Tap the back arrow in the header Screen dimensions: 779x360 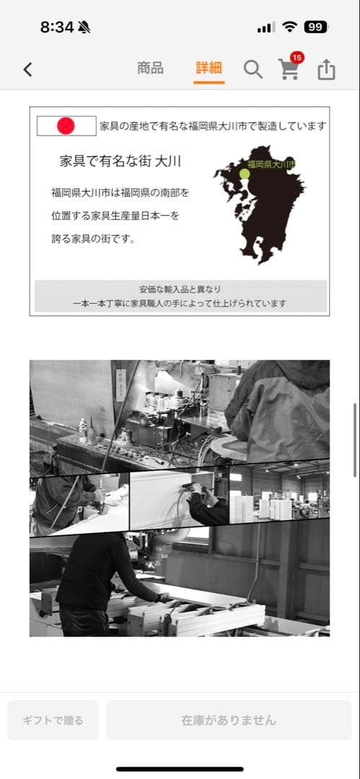click(x=27, y=69)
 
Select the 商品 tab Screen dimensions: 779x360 click(x=150, y=69)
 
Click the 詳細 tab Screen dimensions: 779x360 click(x=208, y=69)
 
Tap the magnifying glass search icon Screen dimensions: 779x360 click(x=253, y=69)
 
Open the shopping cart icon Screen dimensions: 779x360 click(x=289, y=70)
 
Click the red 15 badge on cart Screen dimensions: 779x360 click(x=297, y=57)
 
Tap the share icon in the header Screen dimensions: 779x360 click(x=326, y=69)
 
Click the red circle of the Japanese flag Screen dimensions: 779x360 click(x=66, y=126)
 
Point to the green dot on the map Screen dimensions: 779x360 click(x=245, y=174)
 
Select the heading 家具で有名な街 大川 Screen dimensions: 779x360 click(x=120, y=161)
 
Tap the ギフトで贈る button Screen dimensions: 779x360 click(x=53, y=720)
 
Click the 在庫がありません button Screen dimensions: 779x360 click(x=229, y=720)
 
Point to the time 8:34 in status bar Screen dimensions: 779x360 click(x=56, y=27)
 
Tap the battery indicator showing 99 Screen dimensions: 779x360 click(x=315, y=27)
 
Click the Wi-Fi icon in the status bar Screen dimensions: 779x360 click(x=289, y=27)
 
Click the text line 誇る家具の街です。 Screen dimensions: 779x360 click(x=94, y=239)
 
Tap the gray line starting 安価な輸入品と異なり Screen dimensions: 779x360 click(x=180, y=288)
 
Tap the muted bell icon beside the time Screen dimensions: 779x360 click(x=85, y=27)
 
